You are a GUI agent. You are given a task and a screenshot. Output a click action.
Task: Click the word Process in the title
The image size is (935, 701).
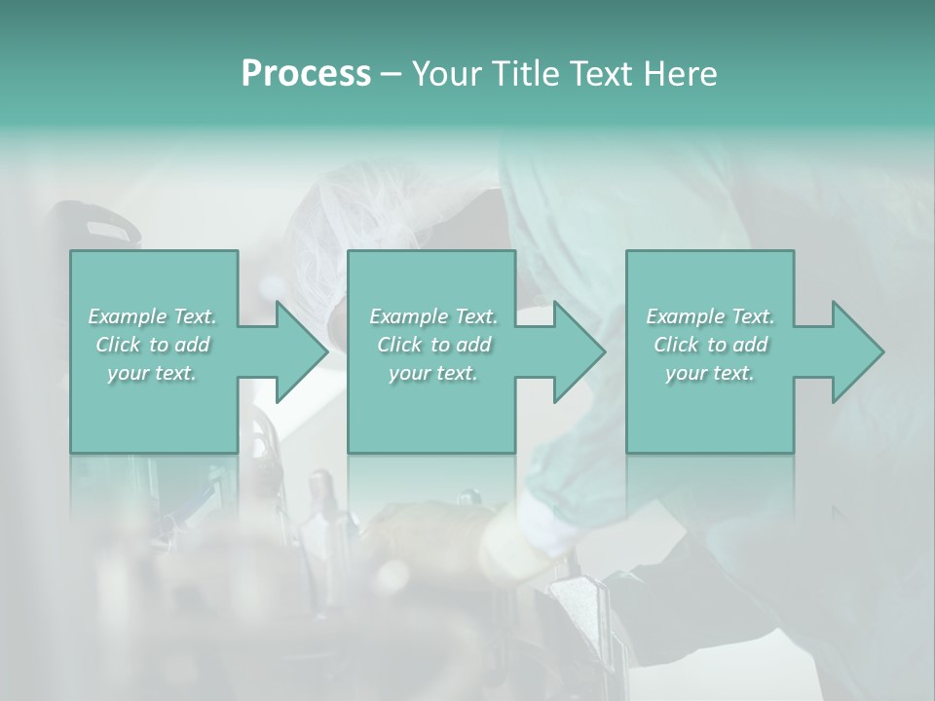pos(306,74)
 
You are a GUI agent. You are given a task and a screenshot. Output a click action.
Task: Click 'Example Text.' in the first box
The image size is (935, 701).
pos(152,316)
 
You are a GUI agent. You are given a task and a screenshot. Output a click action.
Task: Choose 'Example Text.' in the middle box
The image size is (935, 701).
pos(432,316)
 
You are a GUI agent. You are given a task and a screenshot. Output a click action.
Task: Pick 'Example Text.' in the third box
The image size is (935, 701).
pos(710,316)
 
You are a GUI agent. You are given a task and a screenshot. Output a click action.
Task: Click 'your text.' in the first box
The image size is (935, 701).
pos(152,373)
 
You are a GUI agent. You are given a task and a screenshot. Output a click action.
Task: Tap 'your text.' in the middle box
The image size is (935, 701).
pos(432,373)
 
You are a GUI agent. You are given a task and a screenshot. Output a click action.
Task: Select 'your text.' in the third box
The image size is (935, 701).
pos(710,373)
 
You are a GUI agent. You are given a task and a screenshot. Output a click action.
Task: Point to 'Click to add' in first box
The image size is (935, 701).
pos(152,345)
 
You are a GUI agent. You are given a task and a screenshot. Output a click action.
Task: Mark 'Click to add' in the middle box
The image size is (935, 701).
pos(432,345)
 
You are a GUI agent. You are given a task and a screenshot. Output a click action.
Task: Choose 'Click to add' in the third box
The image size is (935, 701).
pos(710,345)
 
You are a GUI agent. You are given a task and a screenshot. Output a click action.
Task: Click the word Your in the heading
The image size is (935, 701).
pos(443,74)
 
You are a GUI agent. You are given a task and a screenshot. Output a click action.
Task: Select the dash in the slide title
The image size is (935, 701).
pos(391,75)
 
